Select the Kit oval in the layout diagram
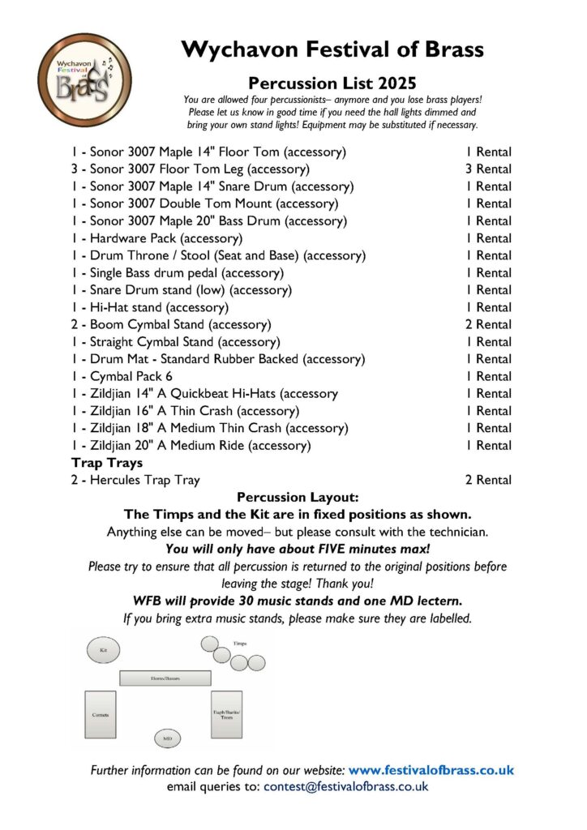[x=104, y=650]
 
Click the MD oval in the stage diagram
[x=167, y=738]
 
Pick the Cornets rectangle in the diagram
[x=101, y=715]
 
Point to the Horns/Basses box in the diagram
[x=165, y=678]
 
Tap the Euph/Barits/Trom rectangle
[x=226, y=714]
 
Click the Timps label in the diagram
[x=240, y=642]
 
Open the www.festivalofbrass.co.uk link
[x=431, y=769]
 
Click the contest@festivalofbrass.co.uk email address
[x=345, y=786]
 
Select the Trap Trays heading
[x=107, y=463]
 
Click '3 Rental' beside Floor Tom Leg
[x=488, y=169]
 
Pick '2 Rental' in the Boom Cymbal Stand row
[x=488, y=324]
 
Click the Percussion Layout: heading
[x=293, y=497]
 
